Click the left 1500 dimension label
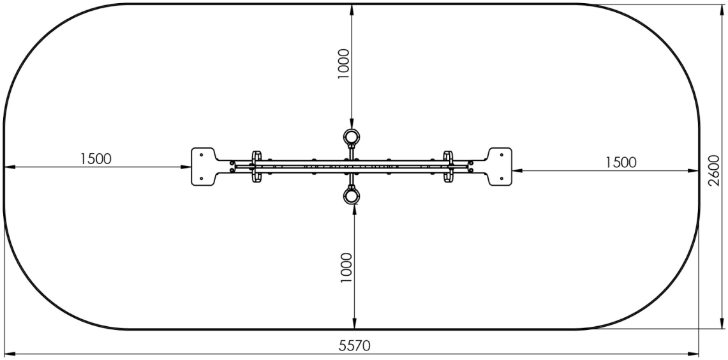[96, 159]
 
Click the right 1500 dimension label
[621, 162]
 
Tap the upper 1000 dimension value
[343, 64]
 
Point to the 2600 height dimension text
[714, 170]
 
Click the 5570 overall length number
[355, 345]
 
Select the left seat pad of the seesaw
[203, 167]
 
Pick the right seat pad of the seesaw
[500, 167]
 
